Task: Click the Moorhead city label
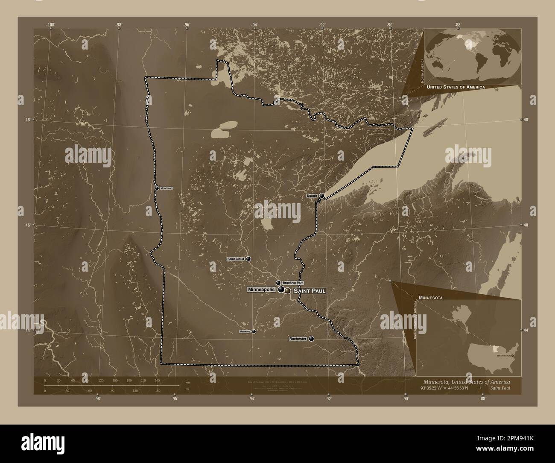pyautogui.click(x=166, y=188)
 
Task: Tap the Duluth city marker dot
pyautogui.click(x=321, y=196)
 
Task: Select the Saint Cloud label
pyautogui.click(x=235, y=259)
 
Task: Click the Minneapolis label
pyautogui.click(x=261, y=290)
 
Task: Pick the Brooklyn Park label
pyautogui.click(x=293, y=283)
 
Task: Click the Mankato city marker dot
pyautogui.click(x=254, y=331)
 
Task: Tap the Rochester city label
pyautogui.click(x=298, y=339)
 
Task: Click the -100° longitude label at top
pyautogui.click(x=50, y=25)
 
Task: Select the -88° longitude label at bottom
pyautogui.click(x=482, y=399)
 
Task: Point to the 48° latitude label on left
pyautogui.click(x=28, y=120)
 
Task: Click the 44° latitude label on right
pyautogui.click(x=526, y=330)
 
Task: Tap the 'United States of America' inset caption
pyautogui.click(x=456, y=87)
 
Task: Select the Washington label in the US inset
pyautogui.click(x=503, y=355)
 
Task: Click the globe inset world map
pyautogui.click(x=473, y=56)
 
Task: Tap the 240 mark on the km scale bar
pyautogui.click(x=157, y=380)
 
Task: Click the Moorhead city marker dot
pyautogui.click(x=157, y=188)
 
